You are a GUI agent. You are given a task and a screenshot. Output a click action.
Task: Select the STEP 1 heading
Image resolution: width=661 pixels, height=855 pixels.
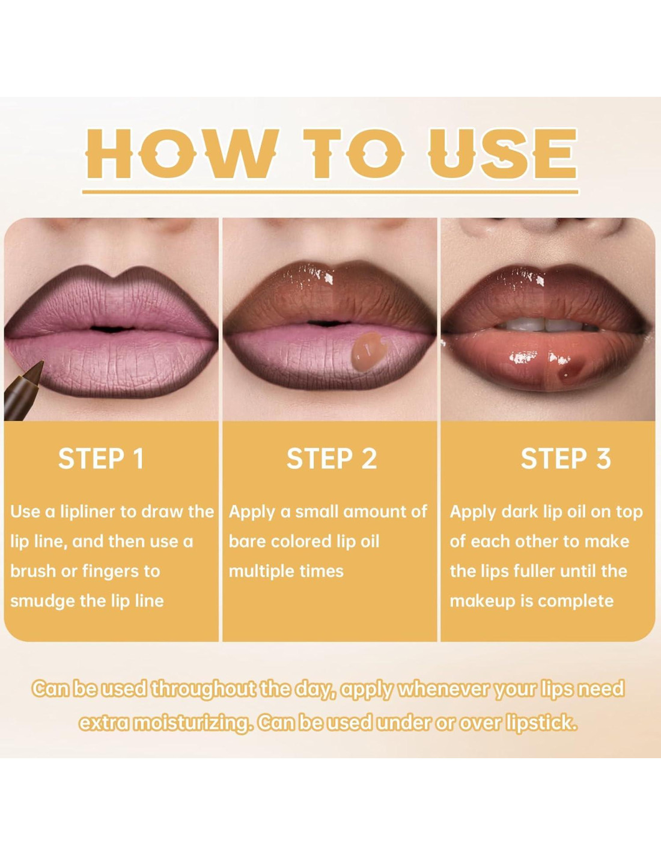101,458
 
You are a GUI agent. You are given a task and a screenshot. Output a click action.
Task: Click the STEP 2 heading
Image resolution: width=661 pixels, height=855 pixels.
332,458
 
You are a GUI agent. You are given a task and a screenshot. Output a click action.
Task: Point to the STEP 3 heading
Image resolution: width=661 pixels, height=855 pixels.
566,458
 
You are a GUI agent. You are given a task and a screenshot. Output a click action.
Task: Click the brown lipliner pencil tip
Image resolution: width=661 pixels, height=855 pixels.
39,366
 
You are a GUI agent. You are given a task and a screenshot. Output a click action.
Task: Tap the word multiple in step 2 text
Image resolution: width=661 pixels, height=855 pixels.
259,572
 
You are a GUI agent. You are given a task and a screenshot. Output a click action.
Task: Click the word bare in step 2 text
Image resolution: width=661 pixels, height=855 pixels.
247,542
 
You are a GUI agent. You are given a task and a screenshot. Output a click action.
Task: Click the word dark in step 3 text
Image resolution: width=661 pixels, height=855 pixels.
518,512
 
